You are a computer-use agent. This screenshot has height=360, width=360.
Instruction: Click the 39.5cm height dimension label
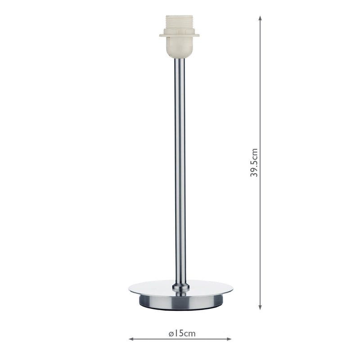[254, 162]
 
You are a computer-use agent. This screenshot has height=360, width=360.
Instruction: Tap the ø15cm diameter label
[182, 333]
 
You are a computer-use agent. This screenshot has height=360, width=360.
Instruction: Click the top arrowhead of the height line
[260, 18]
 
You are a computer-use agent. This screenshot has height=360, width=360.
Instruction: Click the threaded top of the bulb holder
[180, 22]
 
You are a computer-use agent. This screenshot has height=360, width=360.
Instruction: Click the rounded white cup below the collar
[179, 48]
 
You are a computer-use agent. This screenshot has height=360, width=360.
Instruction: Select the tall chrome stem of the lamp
[180, 171]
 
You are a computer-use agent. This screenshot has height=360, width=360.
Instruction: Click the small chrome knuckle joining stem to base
[180, 287]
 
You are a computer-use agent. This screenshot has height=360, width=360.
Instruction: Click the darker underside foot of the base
[180, 303]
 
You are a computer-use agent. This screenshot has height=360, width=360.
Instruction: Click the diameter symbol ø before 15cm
[171, 334]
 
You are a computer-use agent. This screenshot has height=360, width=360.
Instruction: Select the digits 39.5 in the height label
[254, 168]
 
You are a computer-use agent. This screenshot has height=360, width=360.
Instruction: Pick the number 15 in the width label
[179, 333]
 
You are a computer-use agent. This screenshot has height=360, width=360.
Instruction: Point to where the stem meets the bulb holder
[180, 59]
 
